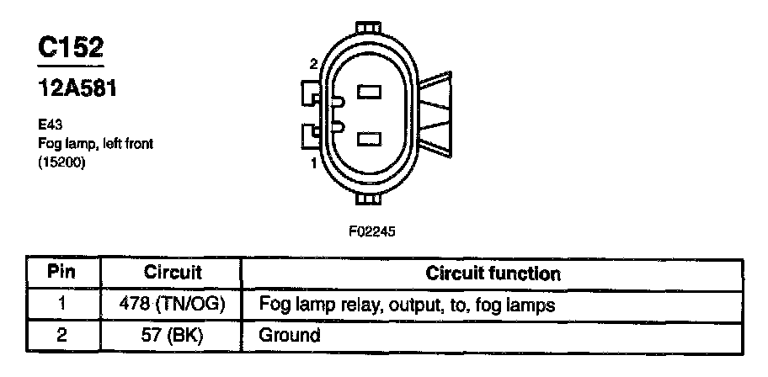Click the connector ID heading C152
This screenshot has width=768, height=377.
70,48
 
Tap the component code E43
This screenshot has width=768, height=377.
48,125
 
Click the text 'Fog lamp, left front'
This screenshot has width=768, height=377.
94,144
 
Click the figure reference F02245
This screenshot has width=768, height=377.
371,229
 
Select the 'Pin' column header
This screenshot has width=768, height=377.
61,273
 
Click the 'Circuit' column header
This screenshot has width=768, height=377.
173,273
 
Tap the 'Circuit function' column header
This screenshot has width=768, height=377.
493,273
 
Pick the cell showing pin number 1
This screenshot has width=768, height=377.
61,304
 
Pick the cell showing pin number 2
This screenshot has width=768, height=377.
61,335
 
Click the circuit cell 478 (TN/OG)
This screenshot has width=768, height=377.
173,304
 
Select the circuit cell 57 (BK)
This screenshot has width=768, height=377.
173,335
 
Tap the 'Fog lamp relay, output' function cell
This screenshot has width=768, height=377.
408,304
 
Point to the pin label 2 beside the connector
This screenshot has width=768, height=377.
313,64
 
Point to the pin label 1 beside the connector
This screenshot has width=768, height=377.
313,163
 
